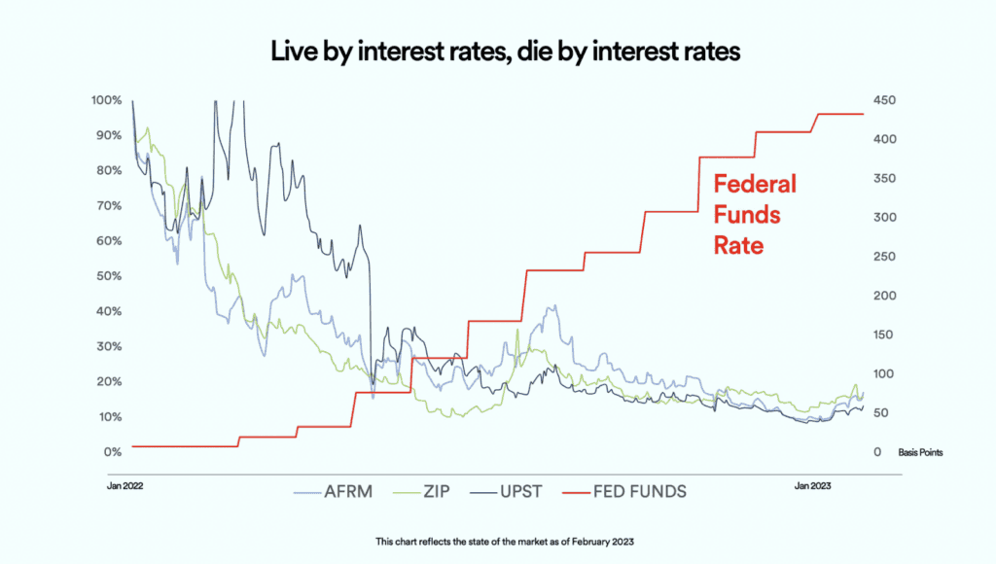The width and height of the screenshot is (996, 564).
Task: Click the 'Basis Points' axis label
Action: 919,452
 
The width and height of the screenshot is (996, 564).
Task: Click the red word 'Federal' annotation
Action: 755,184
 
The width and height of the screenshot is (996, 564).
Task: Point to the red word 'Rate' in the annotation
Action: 738,246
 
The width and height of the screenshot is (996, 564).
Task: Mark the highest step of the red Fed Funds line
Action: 839,114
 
